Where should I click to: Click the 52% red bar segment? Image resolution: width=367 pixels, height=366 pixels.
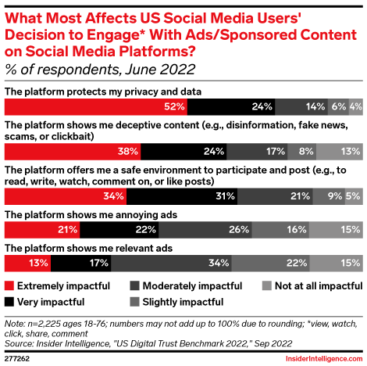(96, 106)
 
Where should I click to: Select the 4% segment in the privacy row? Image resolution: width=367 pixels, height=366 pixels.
(355, 106)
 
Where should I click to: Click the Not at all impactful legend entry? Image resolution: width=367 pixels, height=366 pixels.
(312, 286)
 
